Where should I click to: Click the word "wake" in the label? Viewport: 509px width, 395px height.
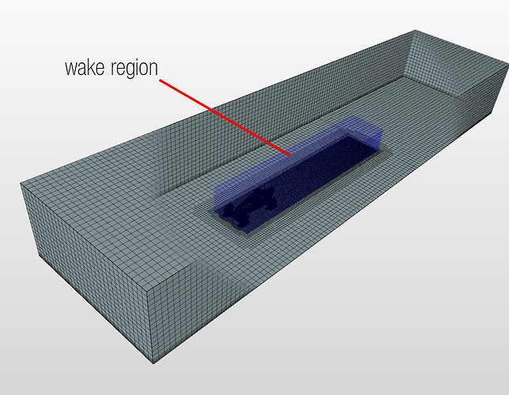85,67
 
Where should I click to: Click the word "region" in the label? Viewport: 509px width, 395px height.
134,69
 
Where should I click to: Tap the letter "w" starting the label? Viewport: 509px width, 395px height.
71,69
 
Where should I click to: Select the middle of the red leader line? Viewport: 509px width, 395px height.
225,118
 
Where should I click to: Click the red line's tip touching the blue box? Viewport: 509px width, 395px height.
291,156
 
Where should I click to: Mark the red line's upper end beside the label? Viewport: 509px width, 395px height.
160,80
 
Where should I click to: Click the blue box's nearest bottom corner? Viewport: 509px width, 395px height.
246,234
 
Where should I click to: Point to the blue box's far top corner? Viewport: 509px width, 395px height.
353,116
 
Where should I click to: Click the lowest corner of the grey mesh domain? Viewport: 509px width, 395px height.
153,363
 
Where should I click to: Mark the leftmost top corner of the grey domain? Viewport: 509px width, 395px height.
20,183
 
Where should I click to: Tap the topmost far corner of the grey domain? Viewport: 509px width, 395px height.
415,30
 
